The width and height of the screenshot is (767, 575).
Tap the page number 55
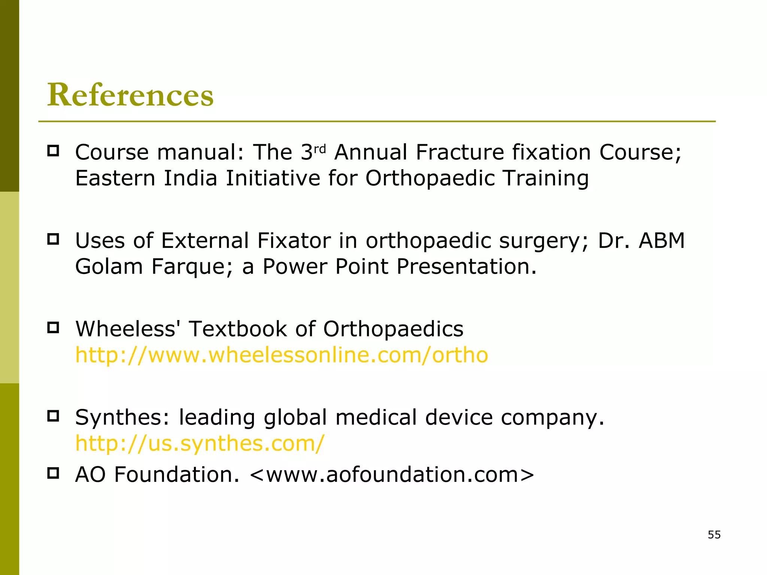pyautogui.click(x=714, y=535)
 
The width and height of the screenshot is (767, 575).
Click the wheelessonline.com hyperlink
pyautogui.click(x=282, y=355)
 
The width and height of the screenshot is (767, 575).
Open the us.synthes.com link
pyautogui.click(x=200, y=443)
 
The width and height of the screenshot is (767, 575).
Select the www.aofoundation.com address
pyautogui.click(x=392, y=475)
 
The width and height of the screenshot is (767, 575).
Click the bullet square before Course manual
pyautogui.click(x=53, y=151)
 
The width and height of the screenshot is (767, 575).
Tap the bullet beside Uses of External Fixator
pyautogui.click(x=53, y=239)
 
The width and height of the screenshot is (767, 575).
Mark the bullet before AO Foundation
pyautogui.click(x=53, y=473)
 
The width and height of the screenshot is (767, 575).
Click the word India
pyautogui.click(x=190, y=178)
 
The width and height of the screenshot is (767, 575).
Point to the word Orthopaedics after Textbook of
pyautogui.click(x=393, y=329)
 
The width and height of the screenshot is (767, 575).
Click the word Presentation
pyautogui.click(x=467, y=267)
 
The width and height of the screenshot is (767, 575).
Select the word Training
pyautogui.click(x=546, y=178)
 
